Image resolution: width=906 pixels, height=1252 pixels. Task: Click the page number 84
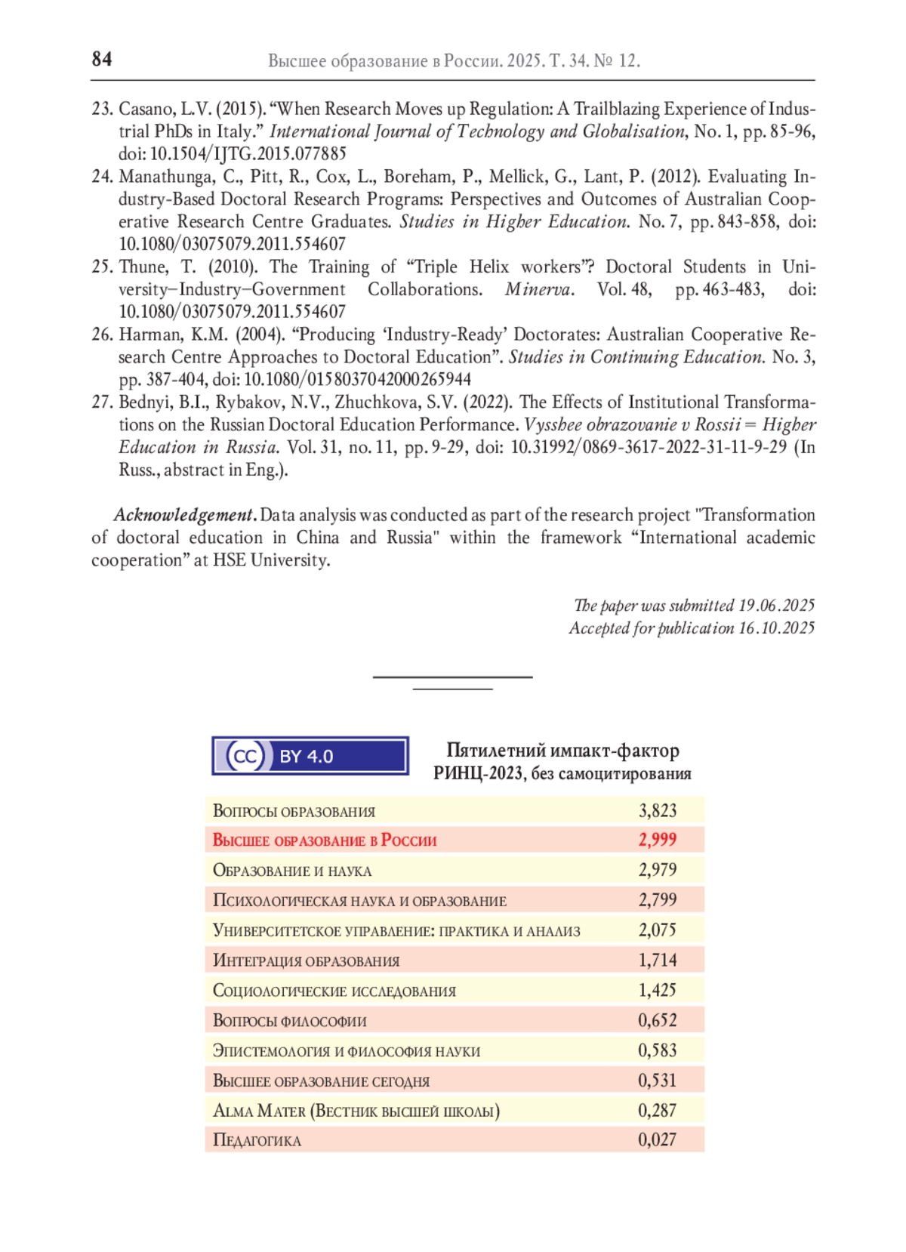[102, 59]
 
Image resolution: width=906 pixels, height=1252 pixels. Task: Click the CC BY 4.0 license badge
[310, 756]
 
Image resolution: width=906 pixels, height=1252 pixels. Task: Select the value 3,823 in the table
[657, 810]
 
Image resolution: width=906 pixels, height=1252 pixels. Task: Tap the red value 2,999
[657, 840]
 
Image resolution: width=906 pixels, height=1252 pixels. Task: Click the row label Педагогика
[257, 1139]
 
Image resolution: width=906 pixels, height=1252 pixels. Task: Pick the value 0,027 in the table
[657, 1139]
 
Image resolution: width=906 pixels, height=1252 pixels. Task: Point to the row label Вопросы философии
[289, 1020]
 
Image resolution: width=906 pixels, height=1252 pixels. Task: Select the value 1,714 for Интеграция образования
[657, 960]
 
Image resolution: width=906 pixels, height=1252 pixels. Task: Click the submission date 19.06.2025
[776, 605]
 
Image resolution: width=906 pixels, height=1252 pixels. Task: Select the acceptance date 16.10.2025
[776, 628]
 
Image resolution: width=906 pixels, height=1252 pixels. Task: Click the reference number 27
[102, 402]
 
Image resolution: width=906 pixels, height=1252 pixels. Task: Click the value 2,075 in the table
[657, 930]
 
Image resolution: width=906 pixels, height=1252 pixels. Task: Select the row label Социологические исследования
[334, 990]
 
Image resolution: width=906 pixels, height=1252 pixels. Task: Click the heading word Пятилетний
[495, 750]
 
